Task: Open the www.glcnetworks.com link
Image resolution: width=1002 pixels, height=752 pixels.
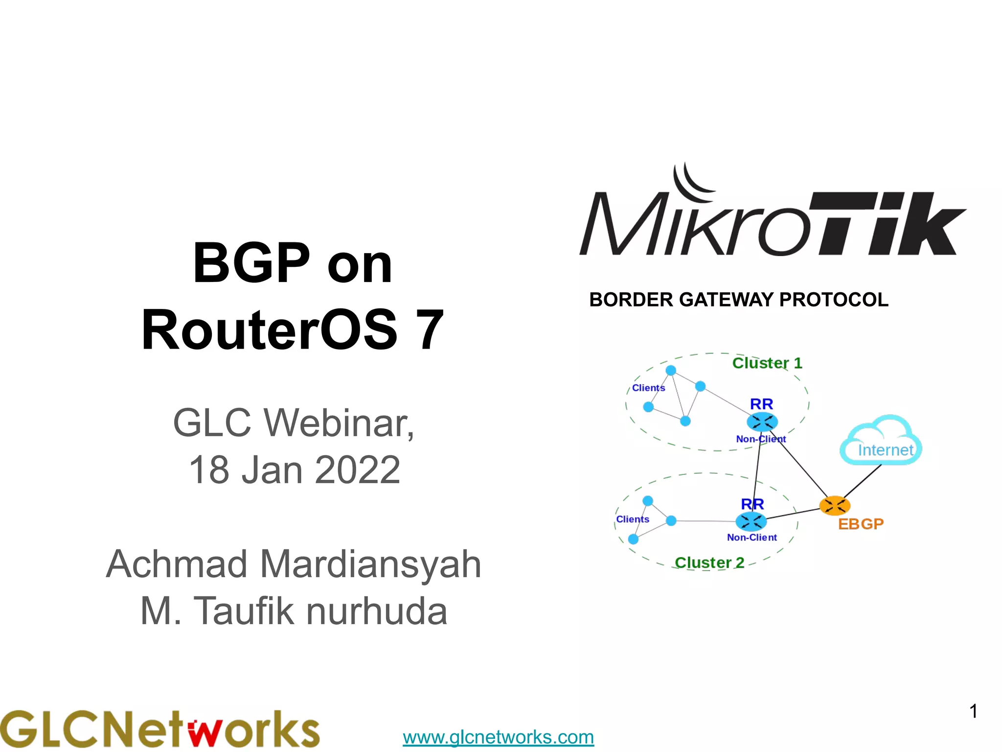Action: pos(498,737)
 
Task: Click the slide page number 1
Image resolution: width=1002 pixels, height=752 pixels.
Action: pos(973,711)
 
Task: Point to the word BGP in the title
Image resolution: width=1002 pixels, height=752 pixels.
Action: pos(251,263)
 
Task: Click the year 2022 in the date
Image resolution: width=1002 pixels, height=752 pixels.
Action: pos(358,470)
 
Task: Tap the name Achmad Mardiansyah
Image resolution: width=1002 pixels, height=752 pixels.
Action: pos(294,564)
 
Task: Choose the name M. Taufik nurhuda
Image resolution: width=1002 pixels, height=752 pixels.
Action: pos(294,611)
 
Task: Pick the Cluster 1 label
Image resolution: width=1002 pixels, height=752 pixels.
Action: pos(767,363)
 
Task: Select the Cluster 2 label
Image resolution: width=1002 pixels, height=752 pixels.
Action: pos(709,563)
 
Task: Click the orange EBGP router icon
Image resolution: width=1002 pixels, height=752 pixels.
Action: pos(835,506)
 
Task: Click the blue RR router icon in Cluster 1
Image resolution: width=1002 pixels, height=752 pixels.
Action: pos(762,422)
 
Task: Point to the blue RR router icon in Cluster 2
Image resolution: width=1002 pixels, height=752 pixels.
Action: pos(751,521)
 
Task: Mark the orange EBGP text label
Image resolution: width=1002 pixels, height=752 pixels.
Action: pos(861,524)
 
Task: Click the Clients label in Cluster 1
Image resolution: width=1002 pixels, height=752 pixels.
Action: pos(648,388)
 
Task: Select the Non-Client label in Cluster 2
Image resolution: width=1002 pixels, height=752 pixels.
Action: pos(751,538)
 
